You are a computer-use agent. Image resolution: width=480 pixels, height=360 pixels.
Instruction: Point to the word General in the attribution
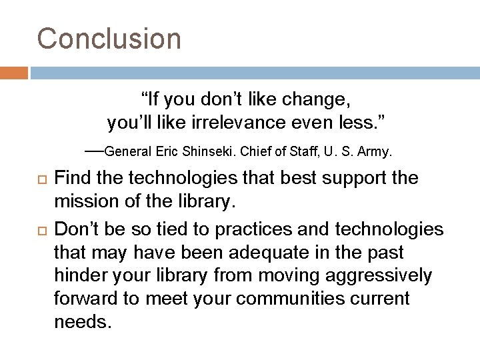[x=129, y=152]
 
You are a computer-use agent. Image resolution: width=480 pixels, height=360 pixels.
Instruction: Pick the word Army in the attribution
[x=375, y=152]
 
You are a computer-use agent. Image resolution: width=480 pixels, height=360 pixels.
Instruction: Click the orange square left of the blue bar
[x=13, y=71]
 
